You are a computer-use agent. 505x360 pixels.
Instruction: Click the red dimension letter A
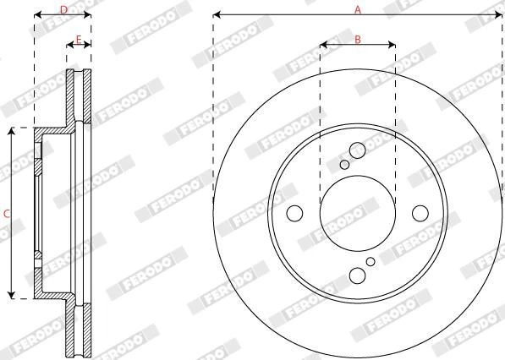(x=358, y=10)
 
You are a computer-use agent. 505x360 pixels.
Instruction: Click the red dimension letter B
(x=358, y=40)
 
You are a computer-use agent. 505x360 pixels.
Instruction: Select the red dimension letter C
(x=7, y=213)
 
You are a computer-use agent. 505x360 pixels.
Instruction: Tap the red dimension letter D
(x=63, y=10)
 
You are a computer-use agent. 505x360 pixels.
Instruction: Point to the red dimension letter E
(x=79, y=40)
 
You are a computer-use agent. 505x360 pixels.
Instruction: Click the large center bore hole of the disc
(x=358, y=213)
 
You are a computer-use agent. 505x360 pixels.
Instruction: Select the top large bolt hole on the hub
(x=358, y=150)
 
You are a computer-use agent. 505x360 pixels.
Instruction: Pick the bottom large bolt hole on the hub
(x=358, y=275)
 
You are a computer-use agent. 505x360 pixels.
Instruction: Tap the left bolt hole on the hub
(x=294, y=213)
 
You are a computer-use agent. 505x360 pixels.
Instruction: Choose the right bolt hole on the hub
(x=420, y=213)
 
